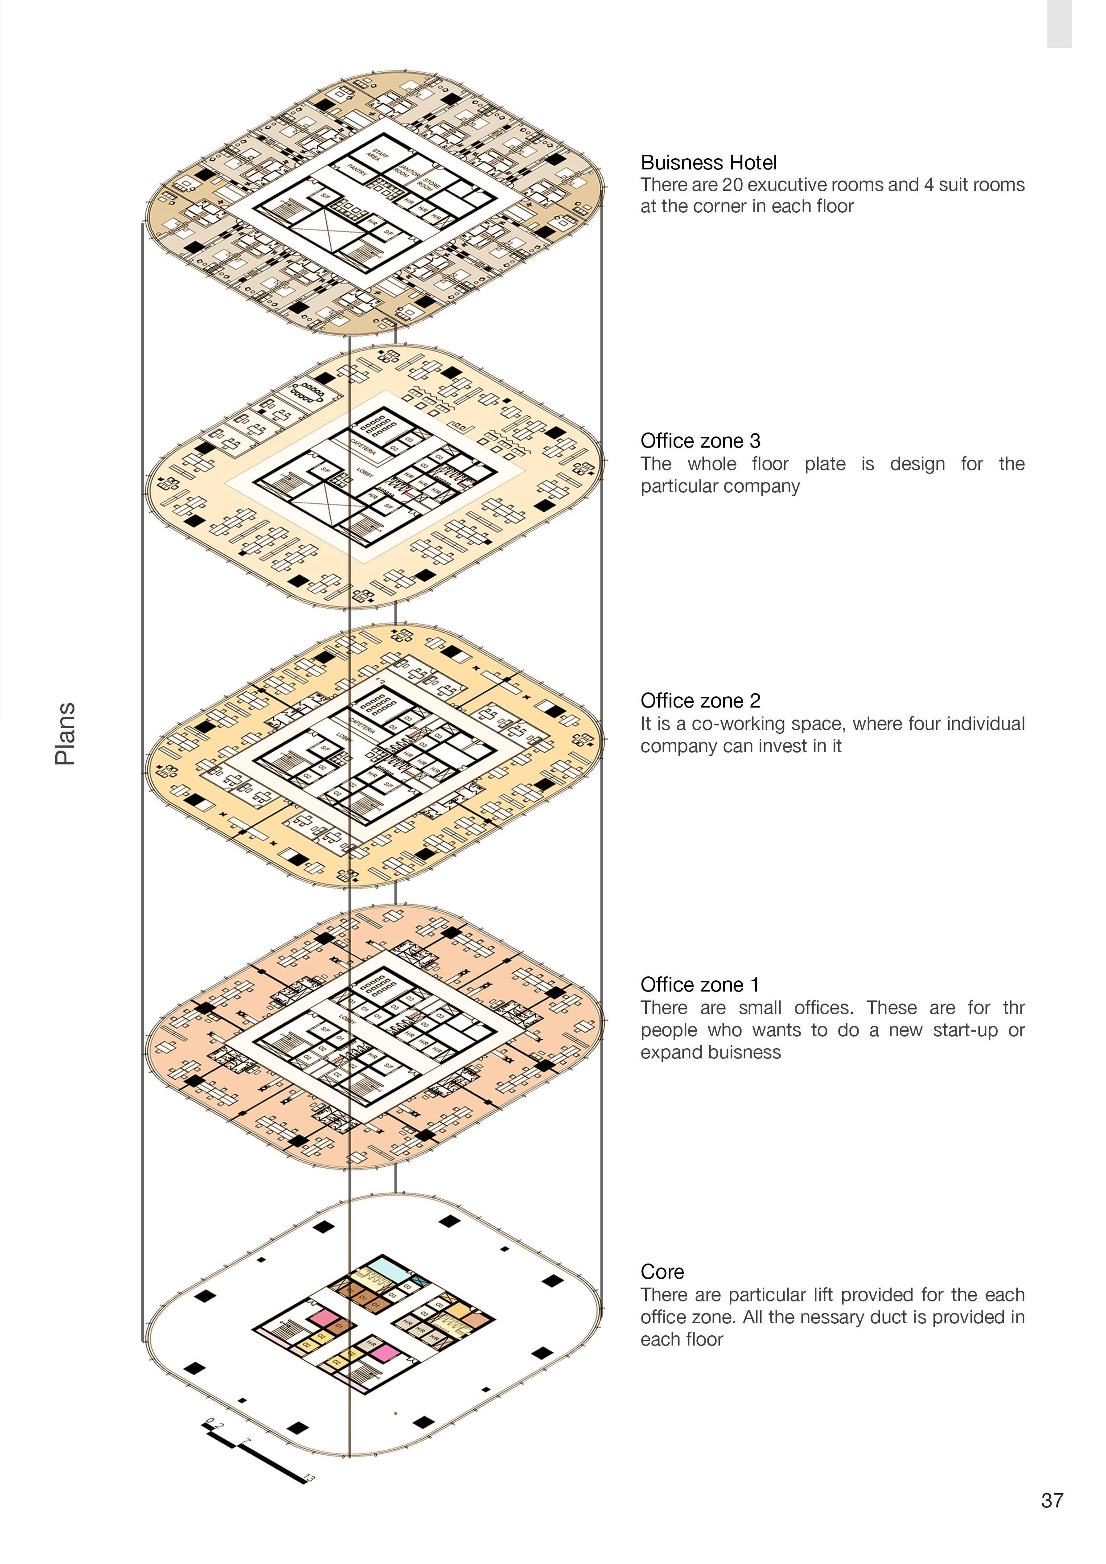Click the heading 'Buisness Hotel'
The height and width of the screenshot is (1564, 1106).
click(x=708, y=163)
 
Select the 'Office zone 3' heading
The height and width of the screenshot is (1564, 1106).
click(x=700, y=441)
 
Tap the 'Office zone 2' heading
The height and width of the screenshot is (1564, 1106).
click(x=700, y=701)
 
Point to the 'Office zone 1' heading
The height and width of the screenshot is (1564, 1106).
click(x=699, y=985)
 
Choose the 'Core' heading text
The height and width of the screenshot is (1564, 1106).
click(x=662, y=1272)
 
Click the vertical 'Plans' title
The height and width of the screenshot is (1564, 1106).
click(x=66, y=734)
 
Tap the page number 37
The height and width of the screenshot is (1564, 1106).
click(x=1052, y=1501)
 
